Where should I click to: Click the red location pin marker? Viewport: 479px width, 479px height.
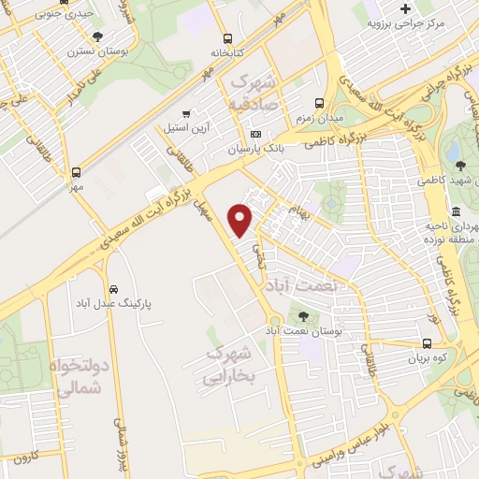pos(241,218)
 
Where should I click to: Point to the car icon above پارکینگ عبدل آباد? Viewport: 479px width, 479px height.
pos(113,288)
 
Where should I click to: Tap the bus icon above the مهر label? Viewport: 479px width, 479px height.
pos(76,171)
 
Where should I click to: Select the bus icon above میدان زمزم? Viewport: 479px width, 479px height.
pos(319,103)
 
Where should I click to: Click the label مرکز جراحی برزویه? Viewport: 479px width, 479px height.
pos(428,21)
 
